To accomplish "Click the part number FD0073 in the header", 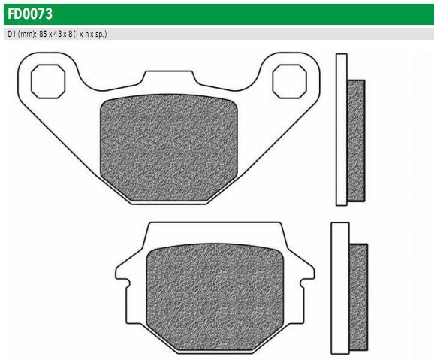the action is click(30, 14).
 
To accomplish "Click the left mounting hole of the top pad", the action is click(48, 81).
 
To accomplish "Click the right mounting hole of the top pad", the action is click(290, 81).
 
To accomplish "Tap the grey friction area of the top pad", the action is click(169, 148).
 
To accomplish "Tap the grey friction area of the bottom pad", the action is click(215, 297).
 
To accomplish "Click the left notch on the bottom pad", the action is click(127, 283).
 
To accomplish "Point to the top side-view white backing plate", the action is click(342, 130).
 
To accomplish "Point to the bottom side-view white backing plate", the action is click(340, 288).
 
